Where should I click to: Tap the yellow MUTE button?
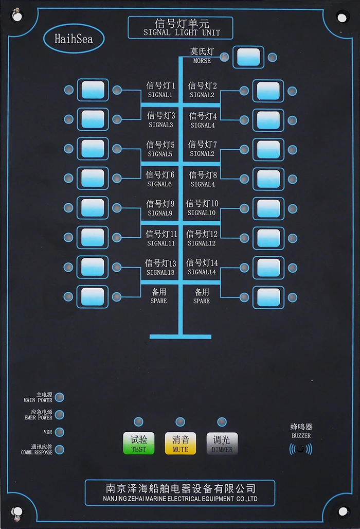point(180,443)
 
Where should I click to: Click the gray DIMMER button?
point(222,443)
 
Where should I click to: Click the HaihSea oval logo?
point(74,38)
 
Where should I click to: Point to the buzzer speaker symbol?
point(301,449)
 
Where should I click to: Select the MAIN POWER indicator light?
point(60,397)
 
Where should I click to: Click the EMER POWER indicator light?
point(60,415)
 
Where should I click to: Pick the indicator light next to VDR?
point(60,432)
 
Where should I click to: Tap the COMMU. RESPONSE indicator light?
point(60,449)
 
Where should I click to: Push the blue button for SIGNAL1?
point(93,90)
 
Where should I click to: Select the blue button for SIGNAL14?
point(268,268)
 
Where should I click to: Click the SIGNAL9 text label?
point(160,213)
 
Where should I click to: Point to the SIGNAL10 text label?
point(202,213)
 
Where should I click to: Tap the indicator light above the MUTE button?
point(180,422)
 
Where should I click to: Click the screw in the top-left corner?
point(17,16)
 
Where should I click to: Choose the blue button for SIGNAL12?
point(268,238)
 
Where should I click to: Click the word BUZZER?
point(301,435)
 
